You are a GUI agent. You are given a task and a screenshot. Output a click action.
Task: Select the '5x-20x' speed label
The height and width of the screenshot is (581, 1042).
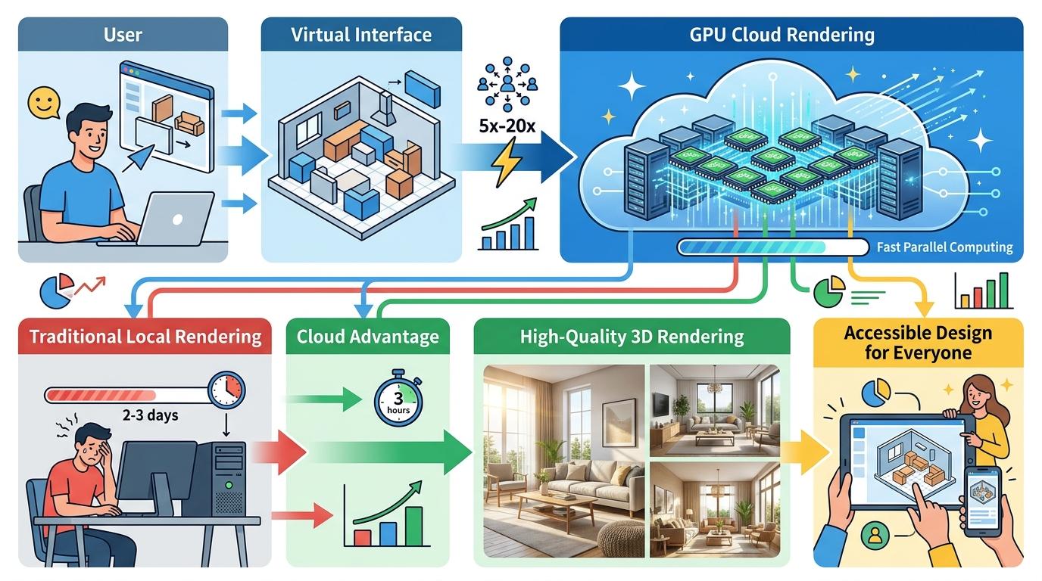click(x=507, y=126)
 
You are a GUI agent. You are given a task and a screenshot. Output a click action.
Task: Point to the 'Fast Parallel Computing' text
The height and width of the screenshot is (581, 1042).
click(x=944, y=247)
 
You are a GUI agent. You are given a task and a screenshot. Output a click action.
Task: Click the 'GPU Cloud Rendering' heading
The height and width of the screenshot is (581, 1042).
click(x=791, y=35)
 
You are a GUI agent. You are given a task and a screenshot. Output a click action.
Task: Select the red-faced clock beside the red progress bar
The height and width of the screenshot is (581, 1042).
click(x=227, y=390)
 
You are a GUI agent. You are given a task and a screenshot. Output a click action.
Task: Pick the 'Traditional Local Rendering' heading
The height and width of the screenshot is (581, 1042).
click(x=144, y=337)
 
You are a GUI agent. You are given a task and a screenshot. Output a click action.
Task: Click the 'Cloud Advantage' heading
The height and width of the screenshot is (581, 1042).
click(x=367, y=337)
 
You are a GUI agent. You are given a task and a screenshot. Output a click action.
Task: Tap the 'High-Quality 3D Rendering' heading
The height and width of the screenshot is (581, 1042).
click(x=632, y=337)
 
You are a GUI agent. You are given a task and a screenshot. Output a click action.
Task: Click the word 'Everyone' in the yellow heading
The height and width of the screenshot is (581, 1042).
click(x=918, y=353)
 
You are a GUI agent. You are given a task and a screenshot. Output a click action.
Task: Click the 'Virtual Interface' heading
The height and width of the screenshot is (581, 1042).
click(x=361, y=35)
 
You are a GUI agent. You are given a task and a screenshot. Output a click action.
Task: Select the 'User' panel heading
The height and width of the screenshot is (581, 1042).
click(x=123, y=35)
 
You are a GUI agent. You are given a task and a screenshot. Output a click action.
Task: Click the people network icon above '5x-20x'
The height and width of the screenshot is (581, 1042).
click(x=507, y=82)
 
